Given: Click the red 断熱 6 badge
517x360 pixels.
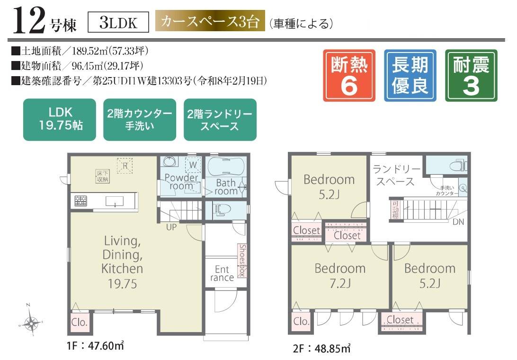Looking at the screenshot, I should (349, 76).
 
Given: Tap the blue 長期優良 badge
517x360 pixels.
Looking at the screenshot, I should (410, 76).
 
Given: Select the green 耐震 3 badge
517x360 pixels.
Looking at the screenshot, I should (471, 76).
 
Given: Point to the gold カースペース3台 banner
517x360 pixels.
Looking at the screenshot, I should (210, 22).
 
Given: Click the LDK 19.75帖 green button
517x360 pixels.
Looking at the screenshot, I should (60, 120).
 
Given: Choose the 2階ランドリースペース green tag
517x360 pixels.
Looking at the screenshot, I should (220, 120).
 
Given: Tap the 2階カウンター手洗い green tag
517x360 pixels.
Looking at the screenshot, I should (140, 120).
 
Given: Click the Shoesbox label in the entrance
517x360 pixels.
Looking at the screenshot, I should (242, 261).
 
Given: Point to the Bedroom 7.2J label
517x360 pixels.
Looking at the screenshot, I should (340, 275).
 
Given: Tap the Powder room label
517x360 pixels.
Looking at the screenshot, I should (181, 182).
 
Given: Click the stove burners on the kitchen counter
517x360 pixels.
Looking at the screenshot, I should (80, 201).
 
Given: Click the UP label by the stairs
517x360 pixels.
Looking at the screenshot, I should (171, 227).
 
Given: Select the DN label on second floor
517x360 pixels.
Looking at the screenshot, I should (458, 221).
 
